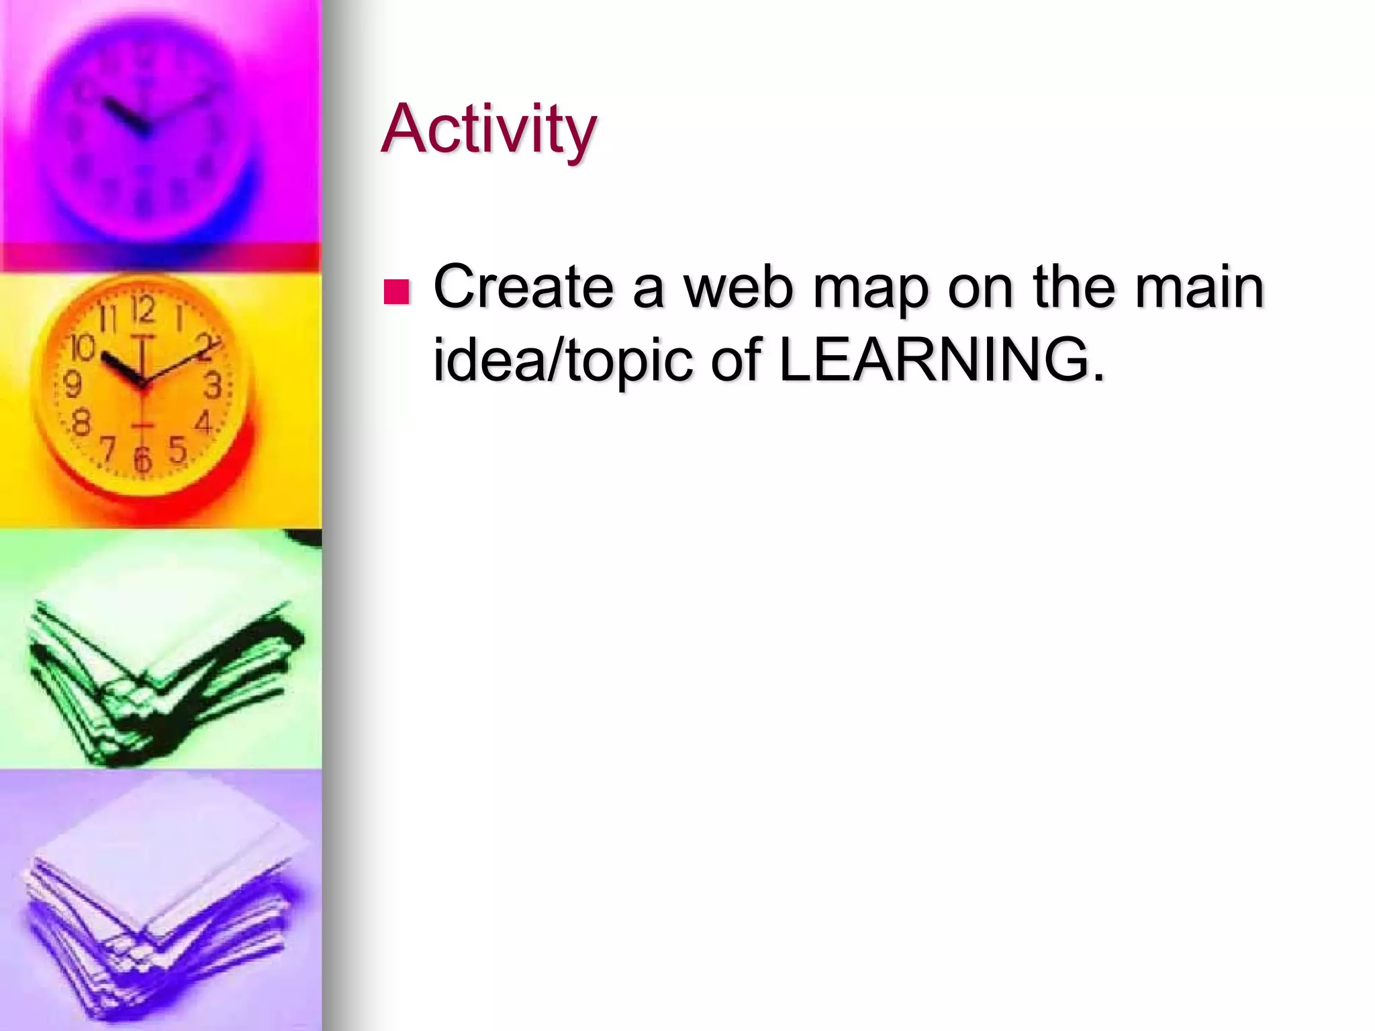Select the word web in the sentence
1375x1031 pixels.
[739, 287]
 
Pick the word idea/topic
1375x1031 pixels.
[563, 360]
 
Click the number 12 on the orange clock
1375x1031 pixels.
[142, 311]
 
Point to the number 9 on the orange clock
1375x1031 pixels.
[73, 385]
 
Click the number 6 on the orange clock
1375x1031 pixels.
[142, 458]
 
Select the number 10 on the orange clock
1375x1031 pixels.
[83, 348]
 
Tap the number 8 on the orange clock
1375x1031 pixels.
[81, 424]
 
